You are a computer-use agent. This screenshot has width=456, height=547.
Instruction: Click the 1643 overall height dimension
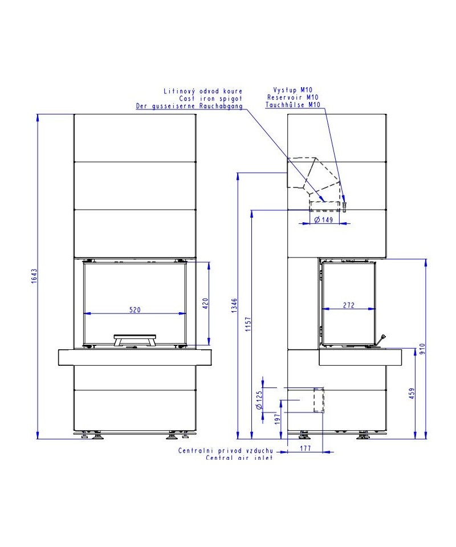pyautogui.click(x=34, y=276)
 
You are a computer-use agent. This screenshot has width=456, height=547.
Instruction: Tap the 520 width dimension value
pyautogui.click(x=135, y=309)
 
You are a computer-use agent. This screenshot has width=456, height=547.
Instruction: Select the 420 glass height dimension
pyautogui.click(x=205, y=304)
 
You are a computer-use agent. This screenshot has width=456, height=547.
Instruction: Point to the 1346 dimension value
pyautogui.click(x=234, y=305)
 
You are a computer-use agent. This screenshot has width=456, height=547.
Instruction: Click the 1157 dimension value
pyautogui.click(x=248, y=324)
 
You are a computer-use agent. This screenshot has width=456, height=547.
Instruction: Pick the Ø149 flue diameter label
pyautogui.click(x=324, y=220)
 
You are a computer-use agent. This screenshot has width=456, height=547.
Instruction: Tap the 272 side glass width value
pyautogui.click(x=348, y=305)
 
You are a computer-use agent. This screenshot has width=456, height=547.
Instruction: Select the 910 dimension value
pyautogui.click(x=422, y=349)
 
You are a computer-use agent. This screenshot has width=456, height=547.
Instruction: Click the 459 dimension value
pyautogui.click(x=412, y=393)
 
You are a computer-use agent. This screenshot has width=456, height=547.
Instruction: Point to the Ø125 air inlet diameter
pyautogui.click(x=259, y=400)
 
